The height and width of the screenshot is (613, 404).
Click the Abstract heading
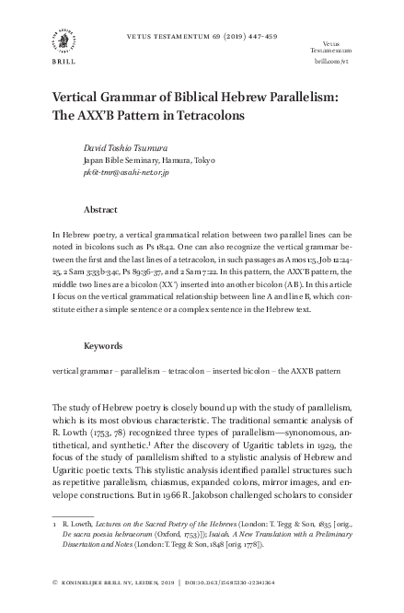[99, 209]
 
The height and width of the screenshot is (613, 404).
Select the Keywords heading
[103, 346]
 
